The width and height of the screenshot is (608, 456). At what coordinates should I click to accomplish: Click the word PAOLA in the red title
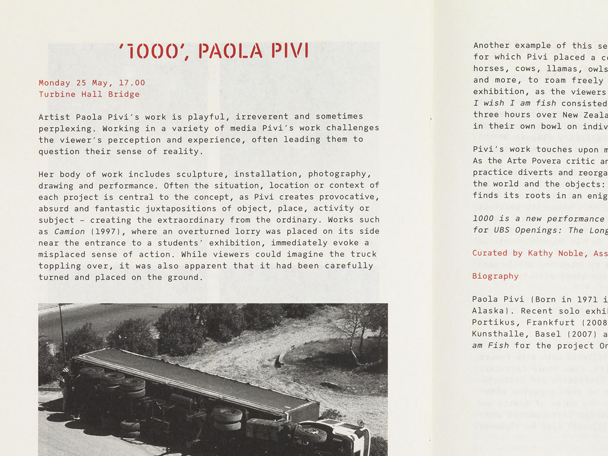231,51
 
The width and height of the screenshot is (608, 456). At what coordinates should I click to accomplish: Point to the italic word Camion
70,232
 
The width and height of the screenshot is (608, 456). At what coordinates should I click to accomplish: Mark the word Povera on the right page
541,161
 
